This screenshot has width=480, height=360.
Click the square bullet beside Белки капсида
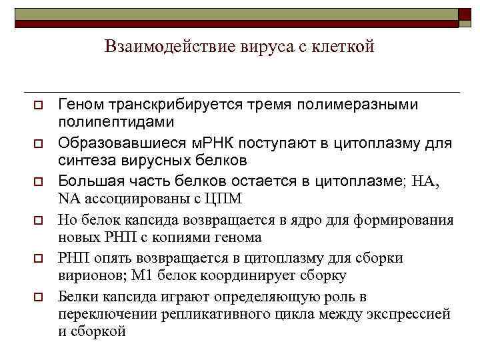click(x=39, y=296)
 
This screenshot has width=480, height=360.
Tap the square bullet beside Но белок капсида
click(x=39, y=219)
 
